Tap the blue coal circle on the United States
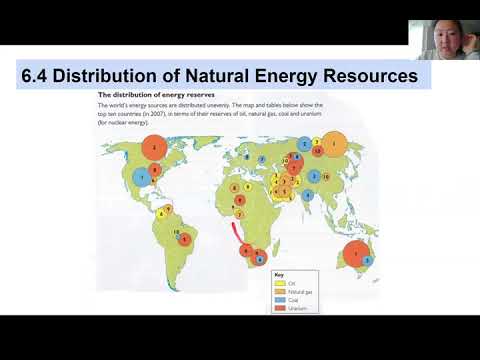coord(143,178)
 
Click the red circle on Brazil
coord(184,239)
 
